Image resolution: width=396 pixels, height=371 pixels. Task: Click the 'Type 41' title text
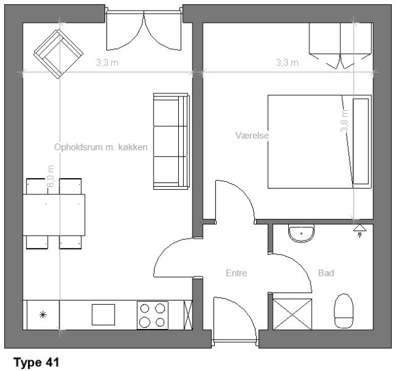(37, 363)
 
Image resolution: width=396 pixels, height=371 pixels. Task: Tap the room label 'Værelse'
(252, 135)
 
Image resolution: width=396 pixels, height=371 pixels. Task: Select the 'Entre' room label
(236, 273)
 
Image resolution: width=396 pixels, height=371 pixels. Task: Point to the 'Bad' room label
(326, 273)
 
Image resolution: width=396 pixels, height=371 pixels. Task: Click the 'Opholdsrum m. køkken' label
(101, 147)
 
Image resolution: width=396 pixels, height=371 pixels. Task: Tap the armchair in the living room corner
(59, 54)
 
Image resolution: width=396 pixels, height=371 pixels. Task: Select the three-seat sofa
(171, 142)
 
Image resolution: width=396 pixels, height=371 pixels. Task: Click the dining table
(54, 215)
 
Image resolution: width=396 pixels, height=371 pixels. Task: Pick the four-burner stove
(153, 315)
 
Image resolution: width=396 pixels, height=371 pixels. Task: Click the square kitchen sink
(103, 315)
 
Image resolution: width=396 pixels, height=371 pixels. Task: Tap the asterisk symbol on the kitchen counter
(43, 315)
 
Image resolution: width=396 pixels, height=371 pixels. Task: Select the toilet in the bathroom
(343, 311)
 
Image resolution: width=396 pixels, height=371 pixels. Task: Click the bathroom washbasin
(301, 234)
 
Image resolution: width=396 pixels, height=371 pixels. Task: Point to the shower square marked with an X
(292, 314)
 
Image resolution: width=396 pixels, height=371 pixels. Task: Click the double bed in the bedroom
(319, 142)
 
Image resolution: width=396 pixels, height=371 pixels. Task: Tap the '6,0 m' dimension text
(51, 176)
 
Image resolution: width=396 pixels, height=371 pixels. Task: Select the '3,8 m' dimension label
(344, 121)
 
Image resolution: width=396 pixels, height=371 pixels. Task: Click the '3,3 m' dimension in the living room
(107, 62)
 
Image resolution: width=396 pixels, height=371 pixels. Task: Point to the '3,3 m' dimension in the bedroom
(287, 62)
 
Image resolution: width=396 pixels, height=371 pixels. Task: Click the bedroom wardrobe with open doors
(340, 45)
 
